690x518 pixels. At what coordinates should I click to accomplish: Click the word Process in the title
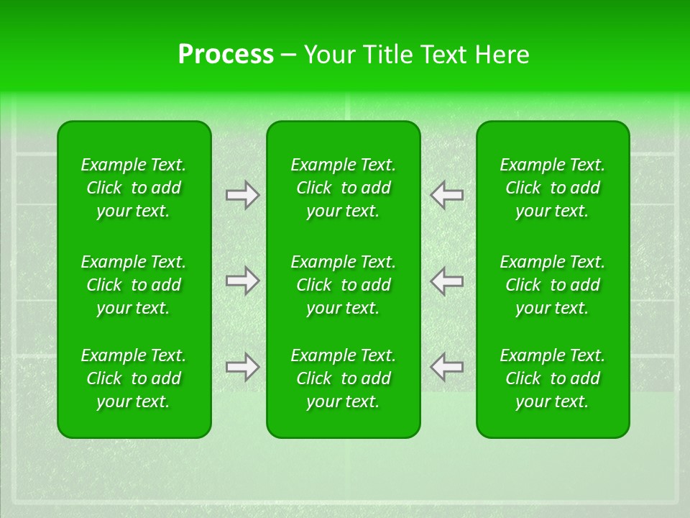225,55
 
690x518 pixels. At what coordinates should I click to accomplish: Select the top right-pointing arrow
242,195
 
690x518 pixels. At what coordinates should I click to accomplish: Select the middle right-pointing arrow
242,281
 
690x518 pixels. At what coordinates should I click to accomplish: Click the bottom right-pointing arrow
242,367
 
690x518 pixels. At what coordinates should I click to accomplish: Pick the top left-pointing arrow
447,195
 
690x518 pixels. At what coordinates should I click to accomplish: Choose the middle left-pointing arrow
447,281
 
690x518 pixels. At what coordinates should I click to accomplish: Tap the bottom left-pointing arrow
447,367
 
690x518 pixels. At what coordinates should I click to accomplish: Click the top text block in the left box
134,188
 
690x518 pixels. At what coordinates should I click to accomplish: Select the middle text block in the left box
134,285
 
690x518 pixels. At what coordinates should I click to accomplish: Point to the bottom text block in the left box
134,378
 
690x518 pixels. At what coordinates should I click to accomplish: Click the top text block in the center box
344,188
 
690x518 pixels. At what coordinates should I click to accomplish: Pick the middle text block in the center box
344,285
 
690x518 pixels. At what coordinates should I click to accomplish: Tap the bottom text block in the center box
344,378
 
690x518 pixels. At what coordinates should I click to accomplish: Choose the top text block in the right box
553,188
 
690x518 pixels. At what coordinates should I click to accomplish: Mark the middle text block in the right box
553,285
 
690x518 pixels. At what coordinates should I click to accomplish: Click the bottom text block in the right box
553,378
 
